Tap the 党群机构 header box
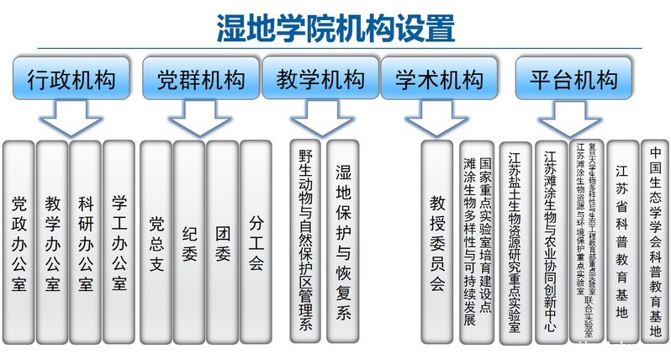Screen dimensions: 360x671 click(x=200, y=80)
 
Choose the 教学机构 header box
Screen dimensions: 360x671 click(x=320, y=80)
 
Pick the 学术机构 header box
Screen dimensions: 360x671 click(x=439, y=80)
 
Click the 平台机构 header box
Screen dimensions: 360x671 click(x=573, y=80)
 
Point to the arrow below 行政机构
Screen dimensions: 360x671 click(x=71, y=119)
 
